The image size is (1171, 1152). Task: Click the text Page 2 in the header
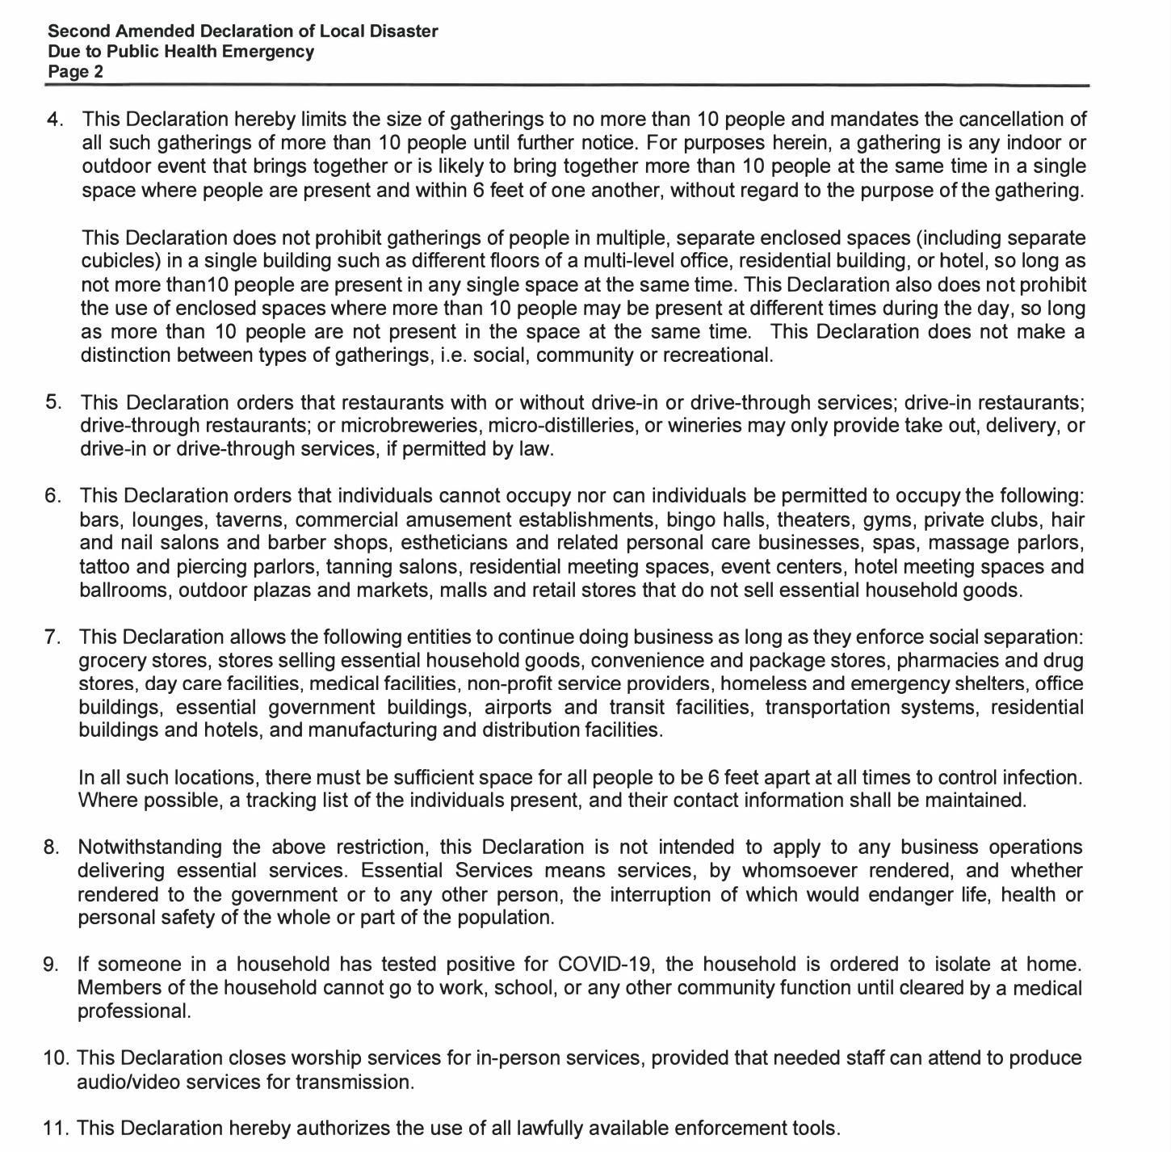tap(76, 72)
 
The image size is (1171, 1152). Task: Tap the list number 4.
tap(55, 120)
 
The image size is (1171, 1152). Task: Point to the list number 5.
tap(53, 402)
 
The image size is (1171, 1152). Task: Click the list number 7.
tap(53, 637)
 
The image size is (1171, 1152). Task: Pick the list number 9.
tap(52, 965)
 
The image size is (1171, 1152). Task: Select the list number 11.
tap(55, 1129)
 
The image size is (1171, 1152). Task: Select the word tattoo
tap(105, 567)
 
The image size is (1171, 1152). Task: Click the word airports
tap(518, 708)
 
